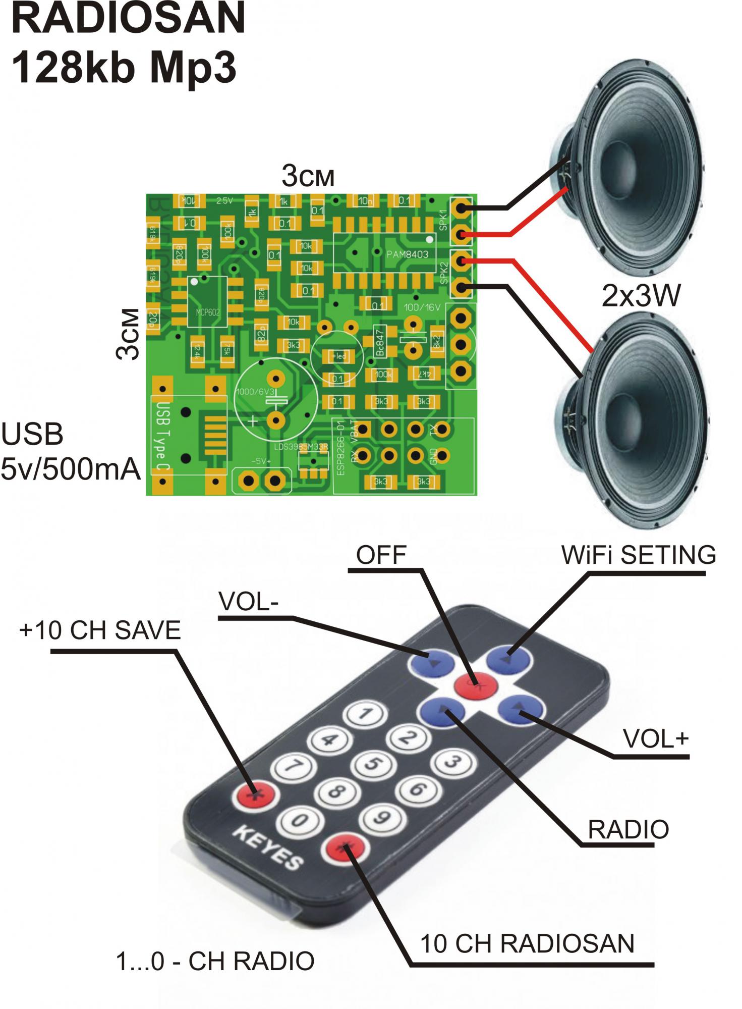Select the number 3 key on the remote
pos(452,763)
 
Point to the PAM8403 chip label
pos(407,254)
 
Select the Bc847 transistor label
pos(381,342)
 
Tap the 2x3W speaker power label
pos(641,297)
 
